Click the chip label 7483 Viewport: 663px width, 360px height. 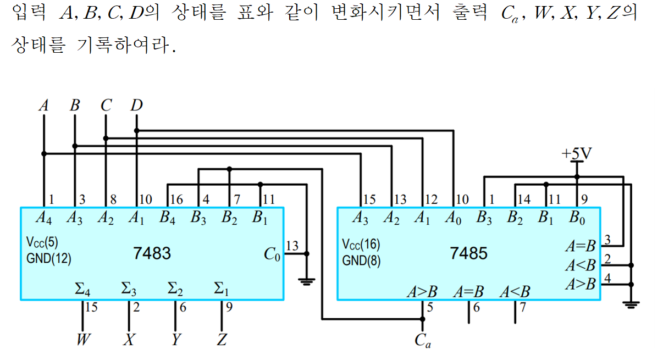point(152,253)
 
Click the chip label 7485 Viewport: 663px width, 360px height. point(468,253)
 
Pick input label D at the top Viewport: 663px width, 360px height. point(136,105)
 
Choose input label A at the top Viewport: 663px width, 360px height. point(44,105)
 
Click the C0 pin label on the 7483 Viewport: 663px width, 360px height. point(272,254)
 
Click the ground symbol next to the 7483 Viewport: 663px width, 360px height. point(307,281)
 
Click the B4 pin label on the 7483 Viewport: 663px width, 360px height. point(167,218)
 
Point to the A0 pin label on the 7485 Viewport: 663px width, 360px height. point(452,218)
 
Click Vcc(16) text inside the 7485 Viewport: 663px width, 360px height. point(361,244)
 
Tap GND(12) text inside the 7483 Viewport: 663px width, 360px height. point(48,258)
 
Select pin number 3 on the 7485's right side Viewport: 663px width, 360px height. point(607,240)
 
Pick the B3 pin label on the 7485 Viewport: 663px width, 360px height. point(484,218)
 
